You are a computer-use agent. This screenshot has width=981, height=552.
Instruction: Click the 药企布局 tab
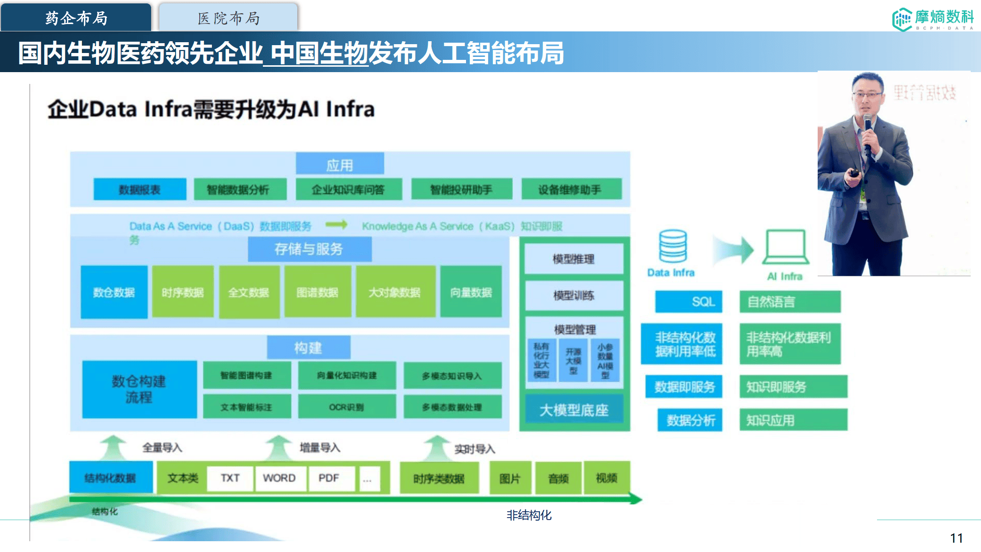pos(76,18)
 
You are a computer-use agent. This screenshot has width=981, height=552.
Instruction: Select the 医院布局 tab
pos(228,18)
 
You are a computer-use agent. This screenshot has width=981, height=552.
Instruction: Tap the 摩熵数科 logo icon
pos(902,20)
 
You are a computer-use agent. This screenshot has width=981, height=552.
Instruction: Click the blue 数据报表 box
pos(140,189)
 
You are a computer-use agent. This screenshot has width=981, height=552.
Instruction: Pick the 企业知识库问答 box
pos(348,189)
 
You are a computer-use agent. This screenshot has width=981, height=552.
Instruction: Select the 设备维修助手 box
pos(571,189)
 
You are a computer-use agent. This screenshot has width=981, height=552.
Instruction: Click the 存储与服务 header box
pos(309,249)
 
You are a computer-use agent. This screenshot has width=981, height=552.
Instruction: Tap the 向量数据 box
pos(471,292)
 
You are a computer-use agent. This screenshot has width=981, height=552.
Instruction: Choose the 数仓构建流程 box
pos(139,389)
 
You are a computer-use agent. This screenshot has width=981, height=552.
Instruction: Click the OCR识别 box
pos(347,407)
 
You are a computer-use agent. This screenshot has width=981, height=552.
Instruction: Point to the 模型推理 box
pos(573,259)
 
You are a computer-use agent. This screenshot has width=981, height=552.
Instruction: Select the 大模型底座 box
pos(574,410)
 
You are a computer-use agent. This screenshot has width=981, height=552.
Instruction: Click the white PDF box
pos(329,478)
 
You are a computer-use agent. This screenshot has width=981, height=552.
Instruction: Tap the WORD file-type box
pos(280,478)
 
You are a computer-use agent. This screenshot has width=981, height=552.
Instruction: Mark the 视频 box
pos(606,478)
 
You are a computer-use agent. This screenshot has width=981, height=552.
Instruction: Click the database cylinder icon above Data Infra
pos(672,246)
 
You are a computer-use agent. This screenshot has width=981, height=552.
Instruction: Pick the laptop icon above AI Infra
pos(785,247)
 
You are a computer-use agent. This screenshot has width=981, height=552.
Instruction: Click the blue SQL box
pos(689,302)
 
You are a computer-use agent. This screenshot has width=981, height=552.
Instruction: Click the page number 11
pos(956,538)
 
